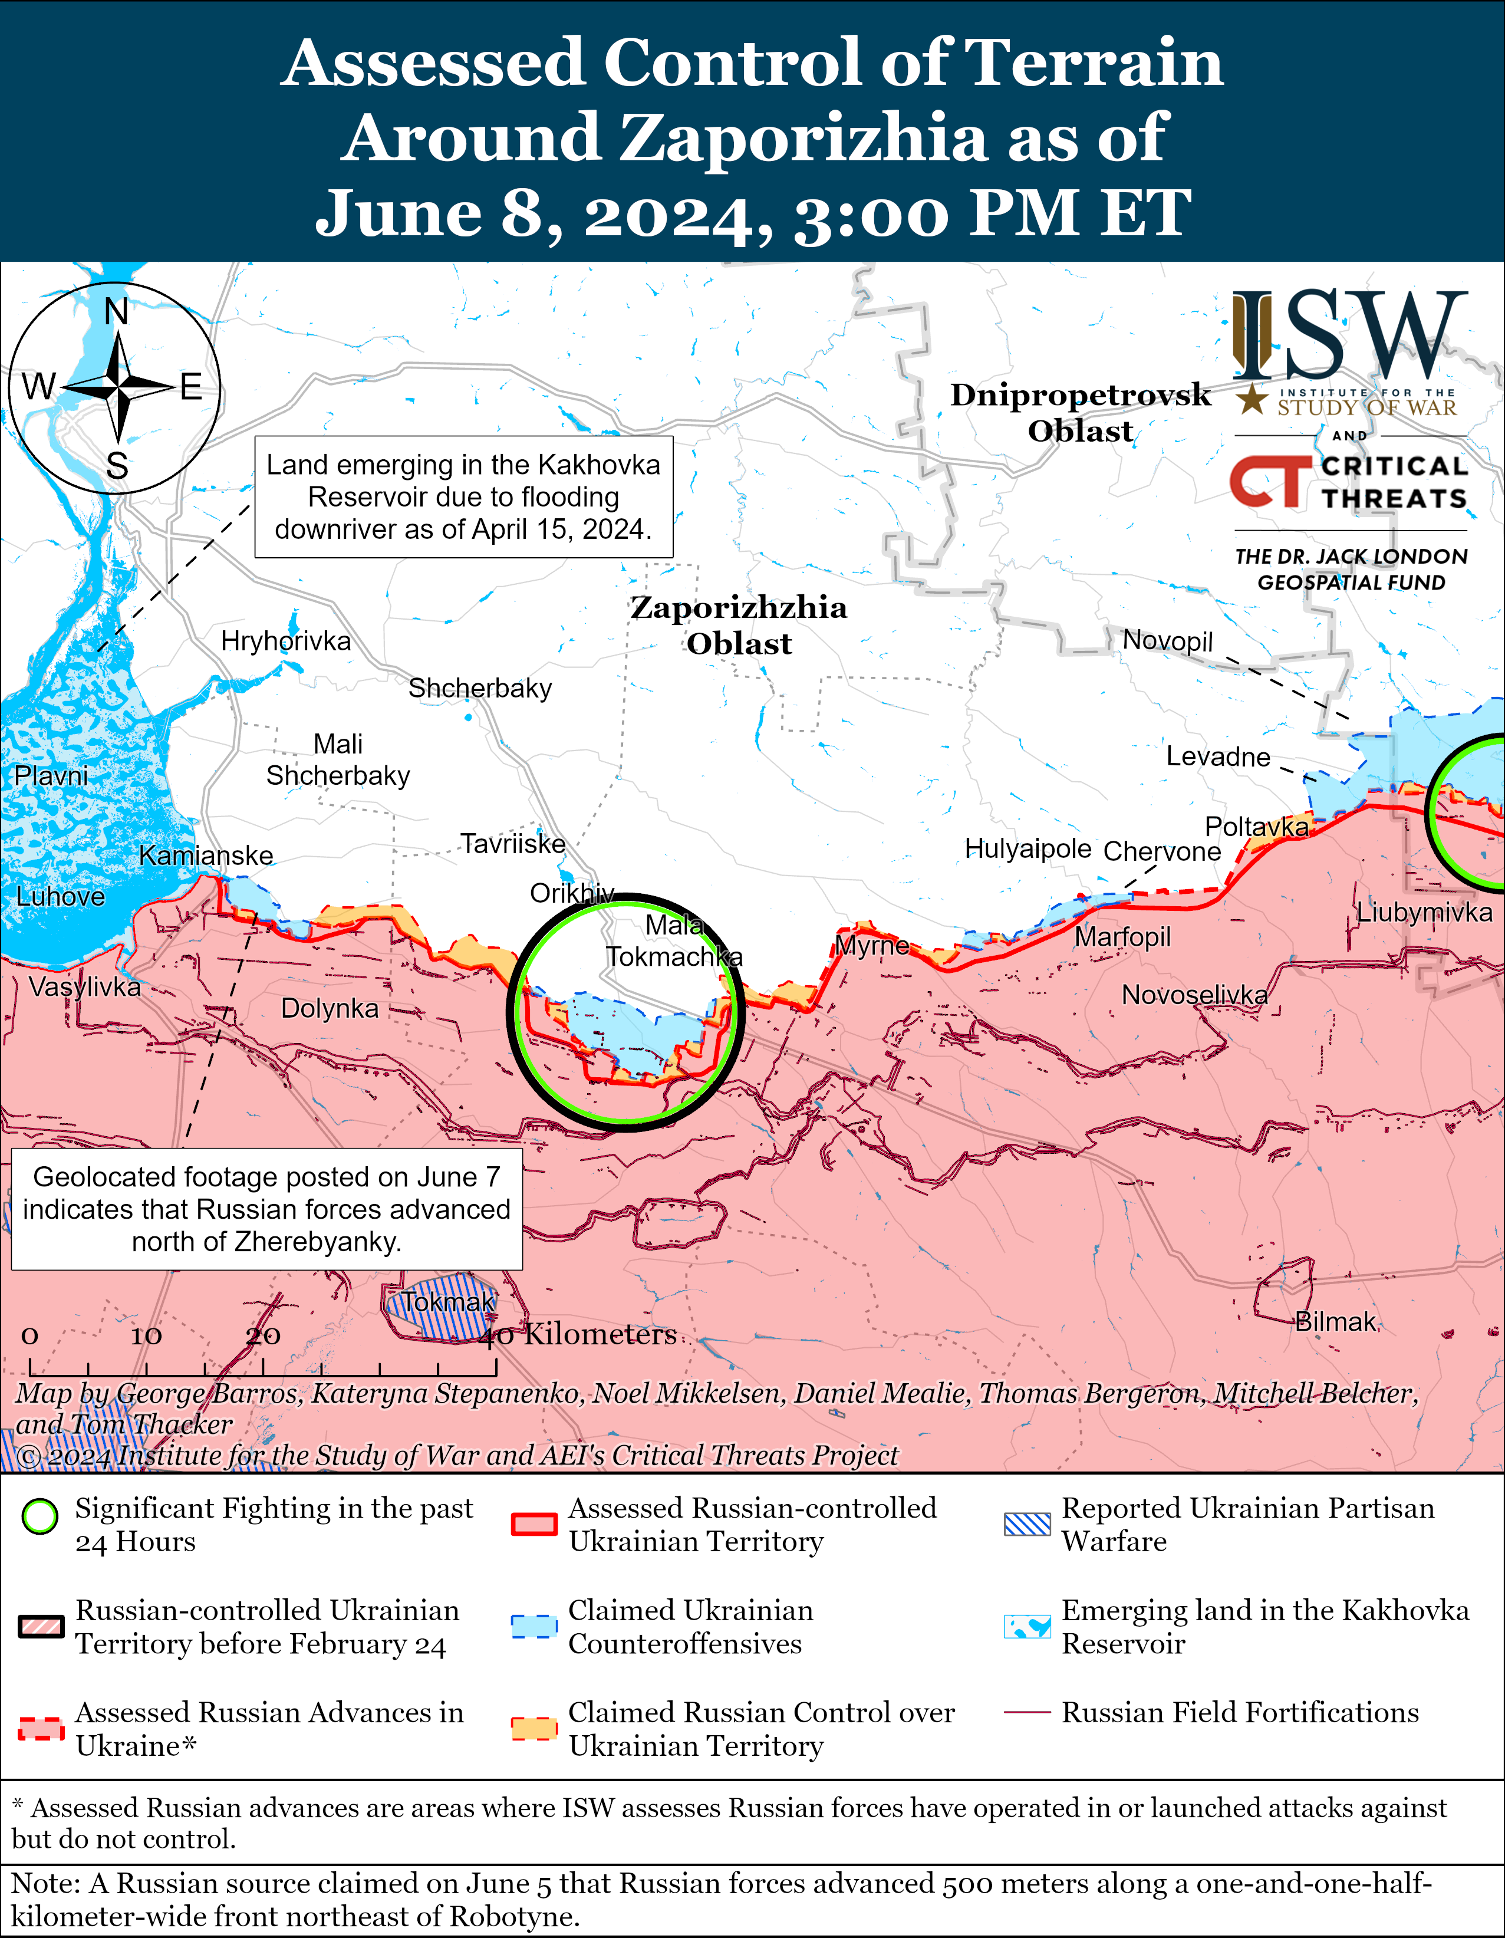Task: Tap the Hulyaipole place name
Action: (1028, 849)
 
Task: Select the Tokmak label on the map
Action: (448, 1302)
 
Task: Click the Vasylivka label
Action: (84, 987)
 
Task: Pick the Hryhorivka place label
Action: (286, 641)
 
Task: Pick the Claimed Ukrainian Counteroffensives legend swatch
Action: (534, 1627)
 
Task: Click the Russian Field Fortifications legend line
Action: (1028, 1713)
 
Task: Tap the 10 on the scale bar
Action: (146, 1335)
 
